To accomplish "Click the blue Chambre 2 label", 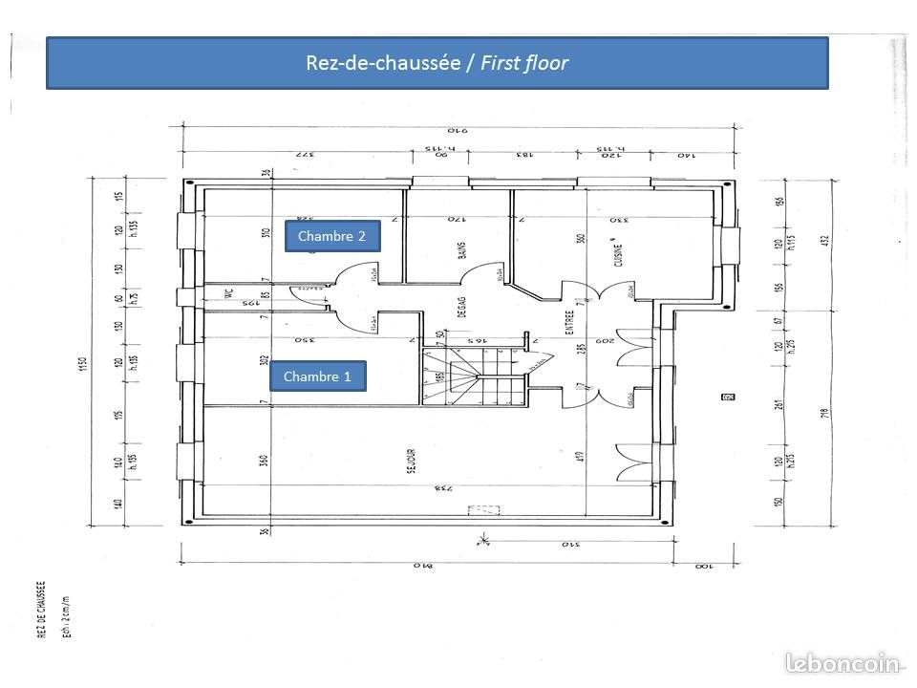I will pos(332,236).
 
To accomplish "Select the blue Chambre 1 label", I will pos(318,377).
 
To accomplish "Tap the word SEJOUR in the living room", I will pos(410,463).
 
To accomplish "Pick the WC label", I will pos(229,295).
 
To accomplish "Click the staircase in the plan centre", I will pos(474,376).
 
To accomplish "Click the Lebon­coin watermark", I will pos(843,662).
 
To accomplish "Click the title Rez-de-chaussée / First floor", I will pos(437,64).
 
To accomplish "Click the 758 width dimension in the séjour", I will pos(441,489).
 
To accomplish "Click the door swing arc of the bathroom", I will pos(478,272).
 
